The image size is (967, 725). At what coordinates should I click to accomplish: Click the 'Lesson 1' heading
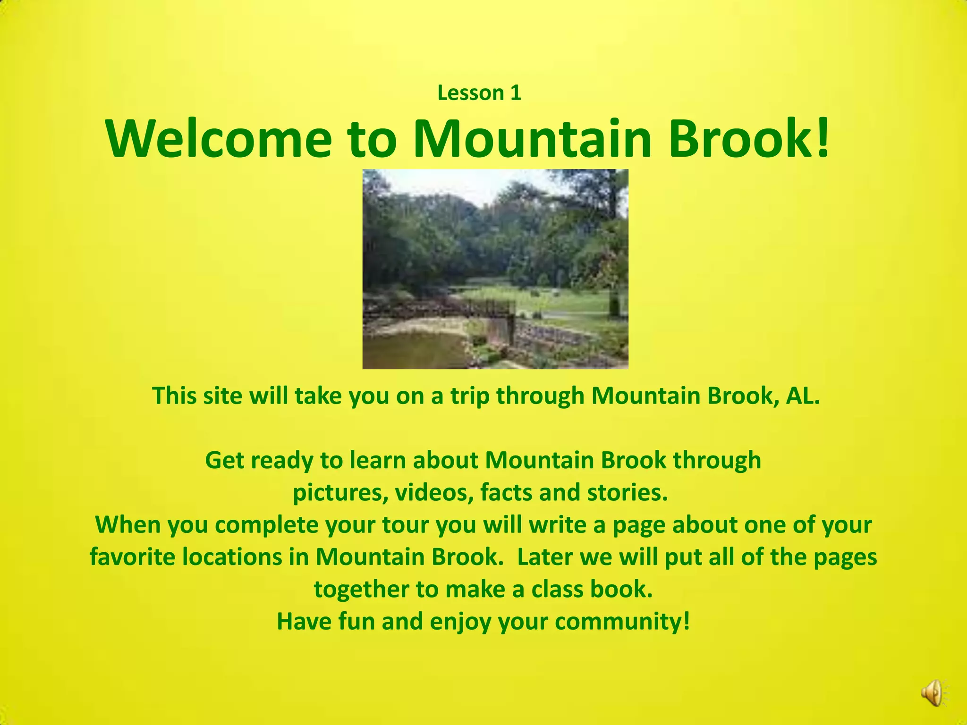(x=479, y=93)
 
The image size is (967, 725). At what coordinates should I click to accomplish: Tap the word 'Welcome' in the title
(x=219, y=139)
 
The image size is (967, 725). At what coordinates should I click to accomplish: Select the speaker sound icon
(x=931, y=693)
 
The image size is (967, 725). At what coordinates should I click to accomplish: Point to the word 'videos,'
(x=434, y=492)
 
